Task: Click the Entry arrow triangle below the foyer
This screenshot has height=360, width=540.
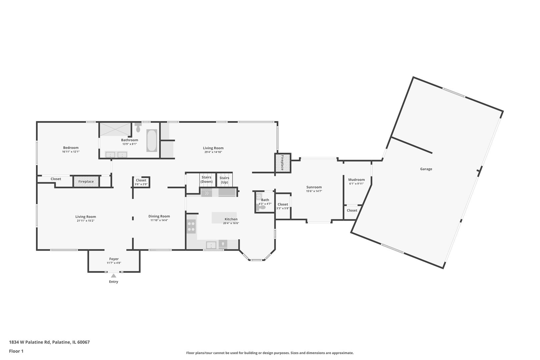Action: tap(114, 276)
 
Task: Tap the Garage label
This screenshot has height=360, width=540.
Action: tap(426, 169)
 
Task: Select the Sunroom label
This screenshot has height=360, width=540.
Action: tap(314, 187)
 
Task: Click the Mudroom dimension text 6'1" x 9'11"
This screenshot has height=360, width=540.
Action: tap(356, 184)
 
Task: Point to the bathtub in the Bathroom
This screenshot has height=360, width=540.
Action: tap(152, 141)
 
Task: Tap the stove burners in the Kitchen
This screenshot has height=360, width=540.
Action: tap(191, 226)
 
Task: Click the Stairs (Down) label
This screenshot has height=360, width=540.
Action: tap(207, 179)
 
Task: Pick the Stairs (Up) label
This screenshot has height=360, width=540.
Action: tap(224, 180)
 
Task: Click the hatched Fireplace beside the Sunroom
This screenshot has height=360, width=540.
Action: tap(283, 163)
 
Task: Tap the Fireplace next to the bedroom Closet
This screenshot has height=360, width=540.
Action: tap(86, 182)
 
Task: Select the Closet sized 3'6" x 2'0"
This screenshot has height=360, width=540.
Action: tap(141, 182)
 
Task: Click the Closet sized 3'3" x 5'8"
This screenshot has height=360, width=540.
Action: tap(283, 206)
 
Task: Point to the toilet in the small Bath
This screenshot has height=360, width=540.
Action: tap(261, 207)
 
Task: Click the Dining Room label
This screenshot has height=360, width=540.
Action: tap(159, 216)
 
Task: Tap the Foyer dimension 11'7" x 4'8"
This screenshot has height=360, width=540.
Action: tap(114, 263)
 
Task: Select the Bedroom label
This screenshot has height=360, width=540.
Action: tap(71, 148)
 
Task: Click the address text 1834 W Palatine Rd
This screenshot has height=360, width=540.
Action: tap(30, 342)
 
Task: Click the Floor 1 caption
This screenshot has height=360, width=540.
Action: tap(16, 351)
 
